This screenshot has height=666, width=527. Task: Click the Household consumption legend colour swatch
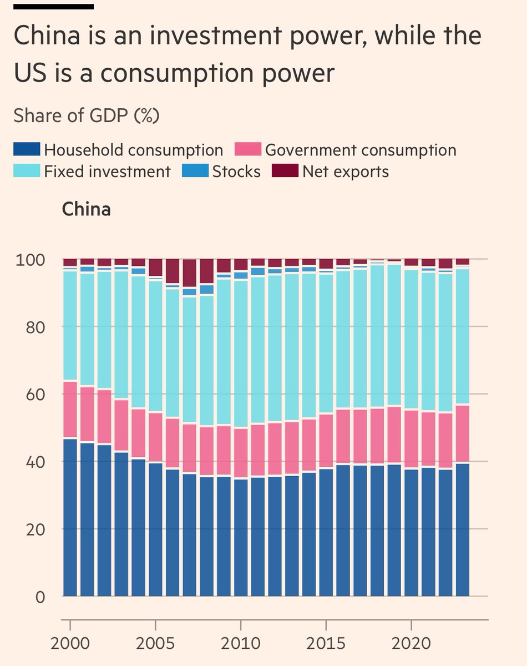27,149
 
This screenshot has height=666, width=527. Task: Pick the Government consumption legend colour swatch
247,149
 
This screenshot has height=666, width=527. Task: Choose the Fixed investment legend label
107,171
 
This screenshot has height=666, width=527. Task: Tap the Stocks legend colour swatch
195,171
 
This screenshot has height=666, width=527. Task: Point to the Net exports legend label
346,171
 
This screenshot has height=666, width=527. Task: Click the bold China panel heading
86,209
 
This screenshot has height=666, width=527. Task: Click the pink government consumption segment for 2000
70,410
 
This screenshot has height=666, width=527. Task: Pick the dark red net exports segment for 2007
190,274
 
